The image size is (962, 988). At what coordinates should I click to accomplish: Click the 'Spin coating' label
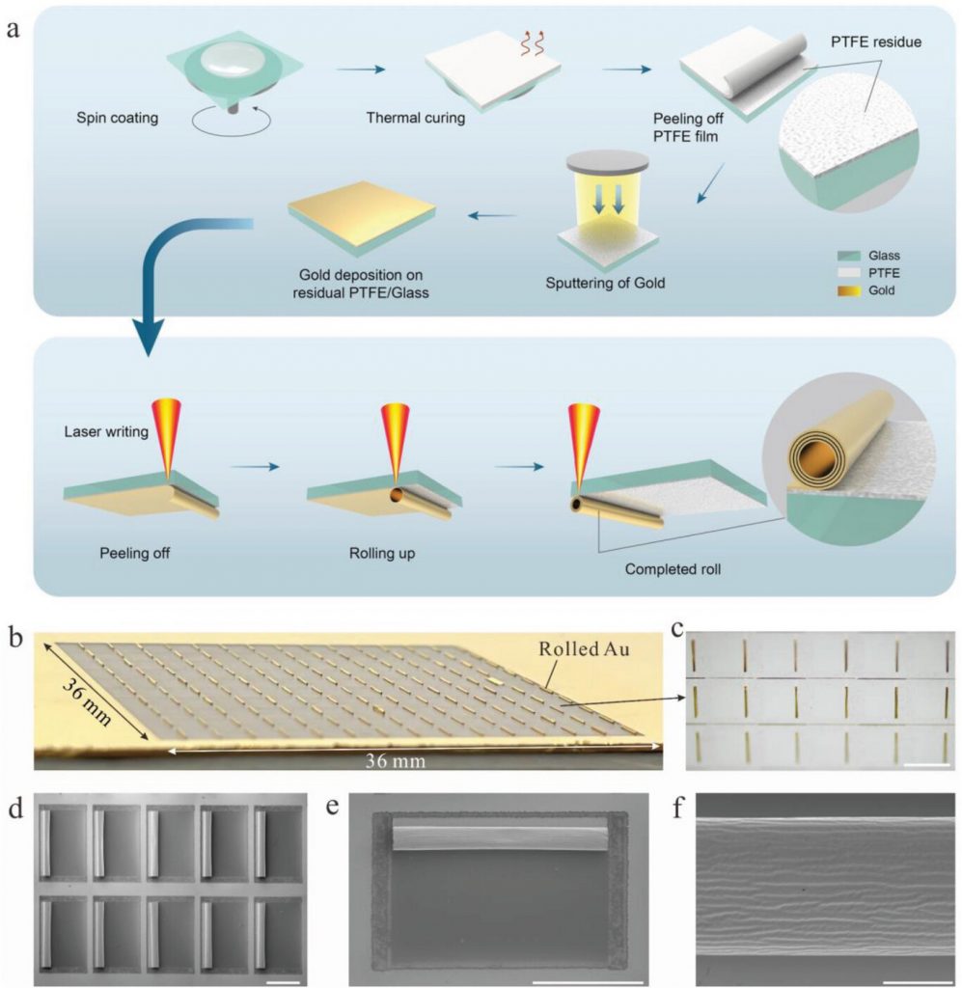[x=117, y=118]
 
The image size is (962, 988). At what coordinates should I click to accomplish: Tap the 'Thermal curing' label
[x=416, y=118]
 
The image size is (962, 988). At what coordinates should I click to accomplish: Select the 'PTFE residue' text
[x=876, y=42]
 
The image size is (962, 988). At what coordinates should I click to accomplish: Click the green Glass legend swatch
[x=849, y=256]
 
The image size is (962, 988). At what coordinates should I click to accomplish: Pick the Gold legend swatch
[x=849, y=290]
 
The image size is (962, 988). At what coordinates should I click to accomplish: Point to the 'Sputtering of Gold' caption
[x=605, y=283]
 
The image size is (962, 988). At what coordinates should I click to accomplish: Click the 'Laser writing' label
[x=106, y=431]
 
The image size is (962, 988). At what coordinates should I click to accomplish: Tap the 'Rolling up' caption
[x=382, y=553]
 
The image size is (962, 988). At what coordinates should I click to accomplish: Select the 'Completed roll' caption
[x=673, y=569]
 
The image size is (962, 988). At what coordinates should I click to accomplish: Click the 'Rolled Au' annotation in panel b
[x=584, y=649]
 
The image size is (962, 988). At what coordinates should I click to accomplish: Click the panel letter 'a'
[x=13, y=28]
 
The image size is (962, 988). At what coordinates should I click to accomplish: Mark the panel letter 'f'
[x=678, y=807]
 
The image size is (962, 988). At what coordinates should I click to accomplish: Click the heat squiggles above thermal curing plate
[x=532, y=42]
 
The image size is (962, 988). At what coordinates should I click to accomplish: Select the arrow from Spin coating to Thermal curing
[x=360, y=69]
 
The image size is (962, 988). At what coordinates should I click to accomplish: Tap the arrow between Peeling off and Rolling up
[x=255, y=467]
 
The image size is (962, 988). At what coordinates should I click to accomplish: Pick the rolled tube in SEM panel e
[x=501, y=835]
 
